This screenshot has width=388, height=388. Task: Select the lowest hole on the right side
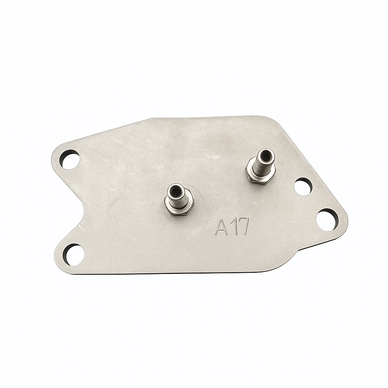tap(327, 219)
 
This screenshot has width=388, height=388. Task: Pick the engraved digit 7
tap(243, 226)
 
